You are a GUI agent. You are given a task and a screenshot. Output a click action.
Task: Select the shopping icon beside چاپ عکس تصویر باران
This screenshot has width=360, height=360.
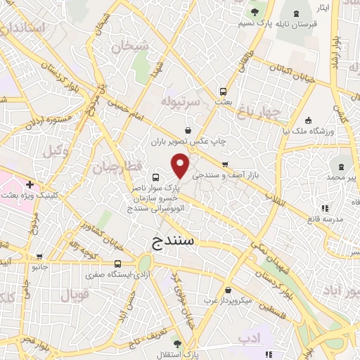point(187,130)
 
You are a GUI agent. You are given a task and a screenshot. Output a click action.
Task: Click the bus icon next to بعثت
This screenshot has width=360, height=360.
point(223,91)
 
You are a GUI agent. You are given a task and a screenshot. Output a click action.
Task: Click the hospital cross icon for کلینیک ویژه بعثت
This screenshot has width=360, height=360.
point(29,184)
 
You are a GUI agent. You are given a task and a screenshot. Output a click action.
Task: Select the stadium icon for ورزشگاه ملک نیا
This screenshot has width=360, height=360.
point(309,120)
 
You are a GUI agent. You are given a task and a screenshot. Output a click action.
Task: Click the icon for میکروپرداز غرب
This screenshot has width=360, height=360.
point(227,290)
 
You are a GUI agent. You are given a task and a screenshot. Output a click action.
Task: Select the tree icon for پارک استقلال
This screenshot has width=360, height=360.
point(176,343)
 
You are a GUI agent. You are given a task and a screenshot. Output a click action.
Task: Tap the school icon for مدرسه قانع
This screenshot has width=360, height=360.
point(324,208)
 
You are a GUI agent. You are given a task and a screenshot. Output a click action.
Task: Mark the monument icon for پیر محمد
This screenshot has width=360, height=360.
point(341,167)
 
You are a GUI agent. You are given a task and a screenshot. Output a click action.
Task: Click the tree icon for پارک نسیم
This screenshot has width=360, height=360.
point(253,13)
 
